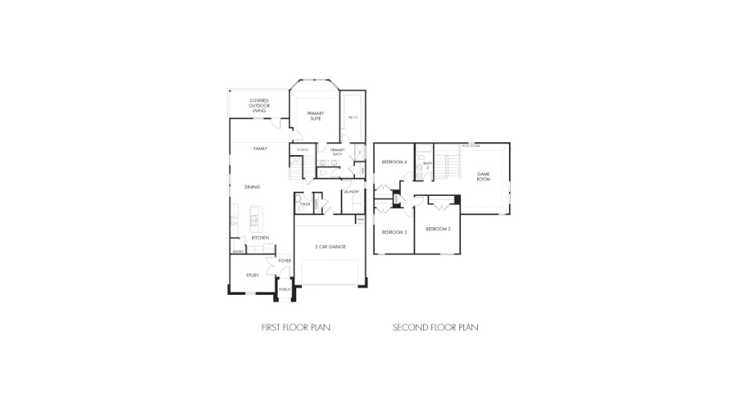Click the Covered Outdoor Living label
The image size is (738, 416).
pos(259,105)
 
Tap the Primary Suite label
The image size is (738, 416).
pos(315,116)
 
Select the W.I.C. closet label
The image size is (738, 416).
pos(353,118)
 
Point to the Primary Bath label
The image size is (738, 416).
pos(336,152)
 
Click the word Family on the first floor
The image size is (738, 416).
pos(260,149)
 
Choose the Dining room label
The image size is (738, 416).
pos(252,187)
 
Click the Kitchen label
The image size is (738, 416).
pos(259,238)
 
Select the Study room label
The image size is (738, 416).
pos(252,275)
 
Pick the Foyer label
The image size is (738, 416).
pos(284,261)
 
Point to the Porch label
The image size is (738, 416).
pos(283,289)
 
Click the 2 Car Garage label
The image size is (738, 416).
pos(330,247)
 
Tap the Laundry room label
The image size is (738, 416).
pos(351,192)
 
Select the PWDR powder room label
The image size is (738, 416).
pos(304,205)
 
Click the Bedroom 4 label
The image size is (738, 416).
pos(393,162)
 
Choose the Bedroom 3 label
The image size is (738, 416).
pos(393,232)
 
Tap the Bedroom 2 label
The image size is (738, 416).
pos(437,229)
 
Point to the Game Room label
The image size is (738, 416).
pos(483,176)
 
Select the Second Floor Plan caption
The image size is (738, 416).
pos(435,328)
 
